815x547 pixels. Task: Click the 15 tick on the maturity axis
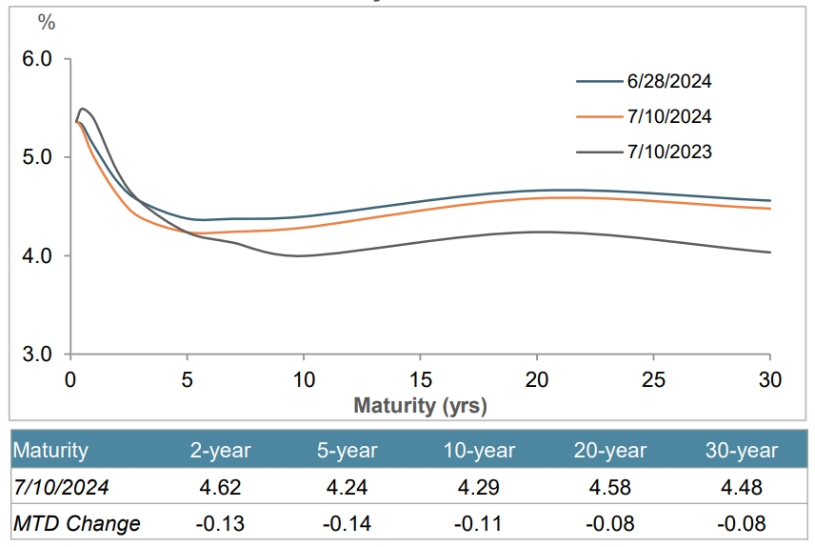coord(421,378)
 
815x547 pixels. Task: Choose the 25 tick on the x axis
coord(654,378)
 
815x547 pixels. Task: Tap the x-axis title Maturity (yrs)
coord(420,406)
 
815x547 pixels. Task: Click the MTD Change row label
coord(77,523)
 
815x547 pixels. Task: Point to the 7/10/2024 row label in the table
coord(61,487)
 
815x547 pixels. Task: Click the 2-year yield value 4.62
coord(222,487)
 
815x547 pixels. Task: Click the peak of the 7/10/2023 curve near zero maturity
coord(83,109)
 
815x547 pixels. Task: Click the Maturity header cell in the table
coord(51,451)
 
